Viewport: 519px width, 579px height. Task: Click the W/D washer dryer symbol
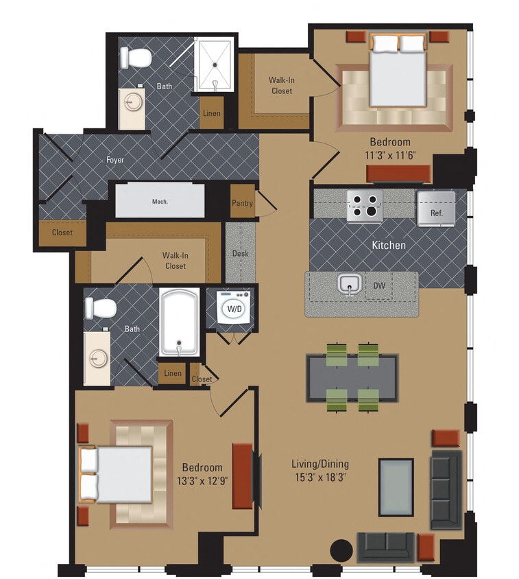(x=234, y=309)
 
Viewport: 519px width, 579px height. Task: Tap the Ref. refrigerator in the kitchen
(x=437, y=207)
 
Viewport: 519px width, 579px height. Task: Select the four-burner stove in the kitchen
(x=364, y=206)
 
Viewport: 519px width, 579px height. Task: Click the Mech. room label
(x=160, y=202)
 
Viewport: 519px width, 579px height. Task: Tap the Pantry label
(x=243, y=203)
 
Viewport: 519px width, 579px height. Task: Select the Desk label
(x=240, y=253)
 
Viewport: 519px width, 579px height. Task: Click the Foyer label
(x=115, y=160)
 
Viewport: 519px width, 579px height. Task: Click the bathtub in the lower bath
(x=180, y=321)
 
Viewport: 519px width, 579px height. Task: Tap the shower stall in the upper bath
(x=215, y=62)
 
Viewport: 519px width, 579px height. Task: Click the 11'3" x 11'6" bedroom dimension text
(x=389, y=154)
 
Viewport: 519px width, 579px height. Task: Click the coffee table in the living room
(x=396, y=487)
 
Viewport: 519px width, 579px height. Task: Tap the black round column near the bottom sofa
(x=341, y=550)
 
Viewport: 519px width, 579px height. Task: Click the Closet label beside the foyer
(x=62, y=233)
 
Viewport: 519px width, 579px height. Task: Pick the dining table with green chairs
(x=352, y=378)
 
